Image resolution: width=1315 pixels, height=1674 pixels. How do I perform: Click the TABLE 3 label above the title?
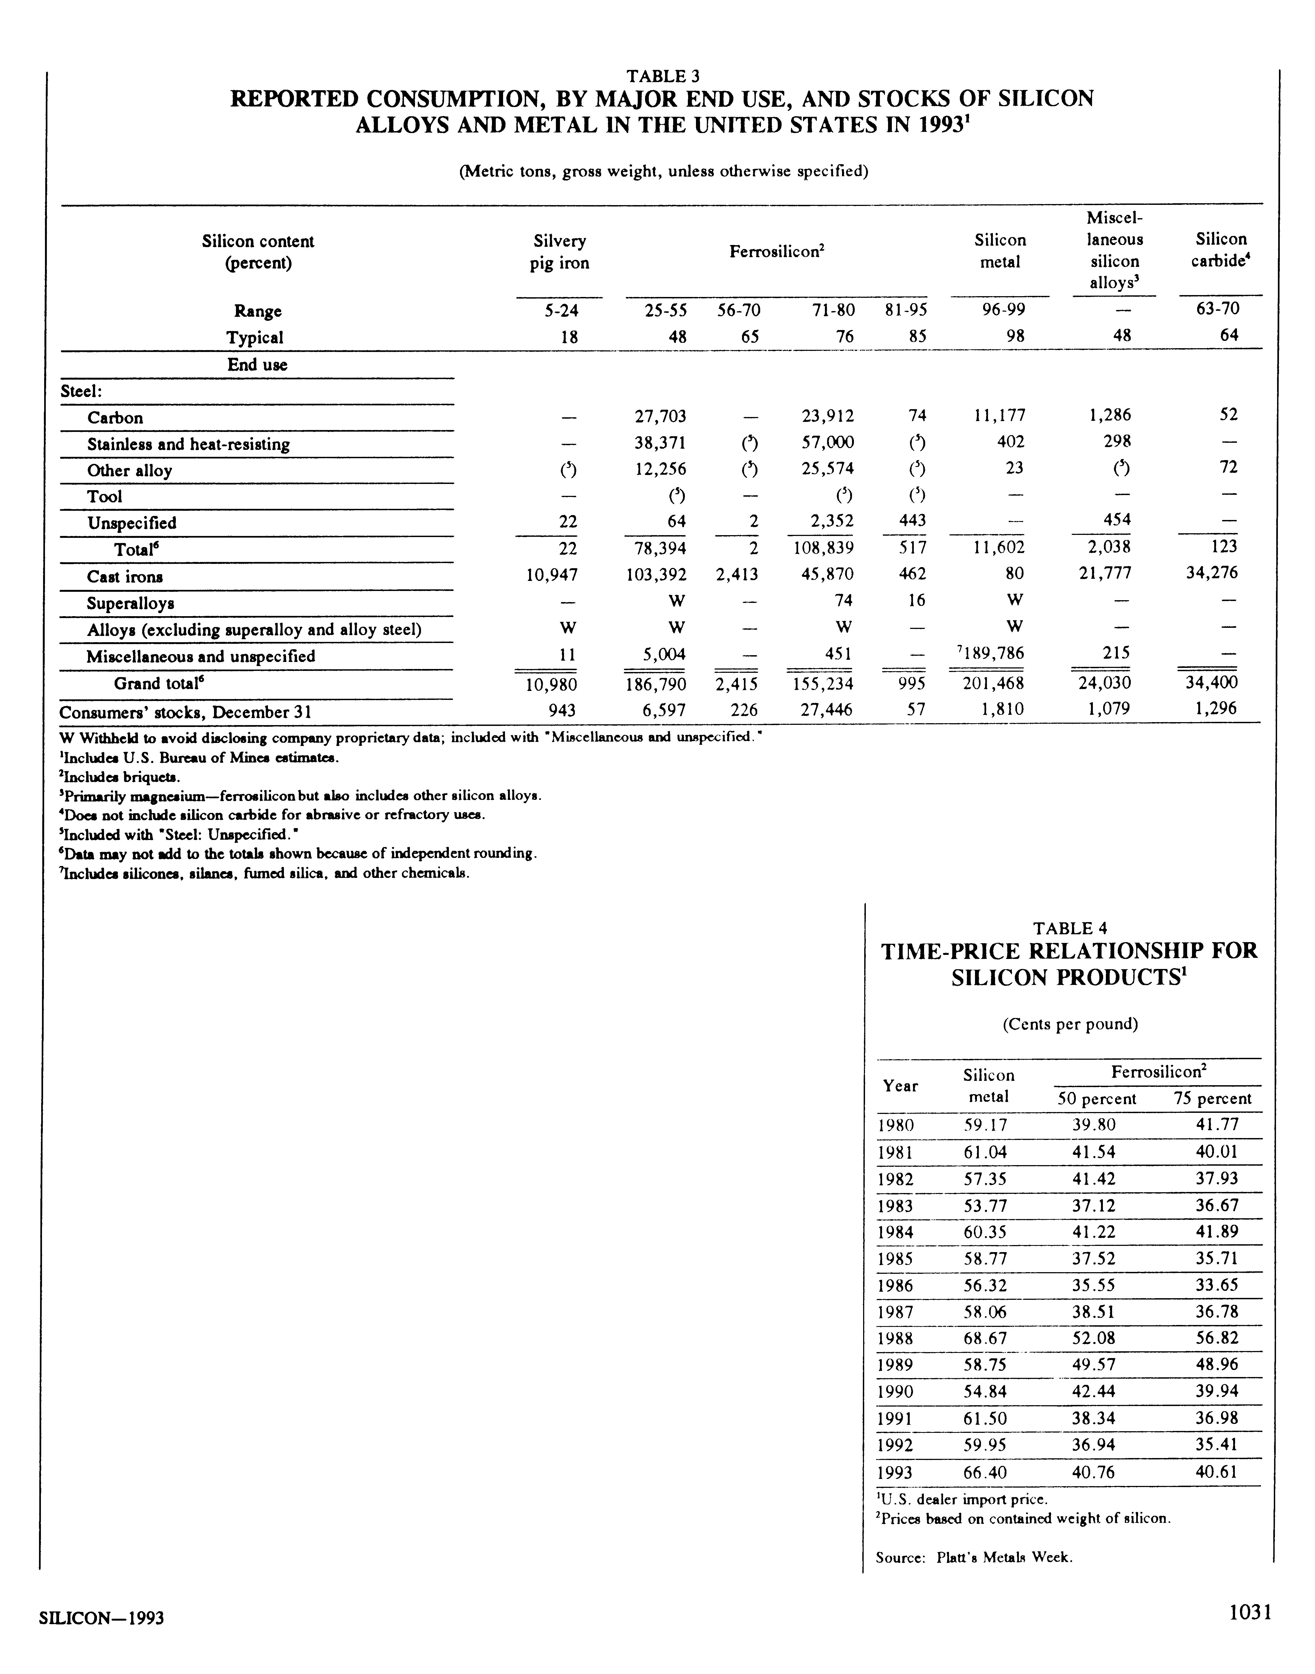click(662, 76)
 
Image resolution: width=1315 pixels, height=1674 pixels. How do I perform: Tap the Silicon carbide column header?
click(1221, 250)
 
